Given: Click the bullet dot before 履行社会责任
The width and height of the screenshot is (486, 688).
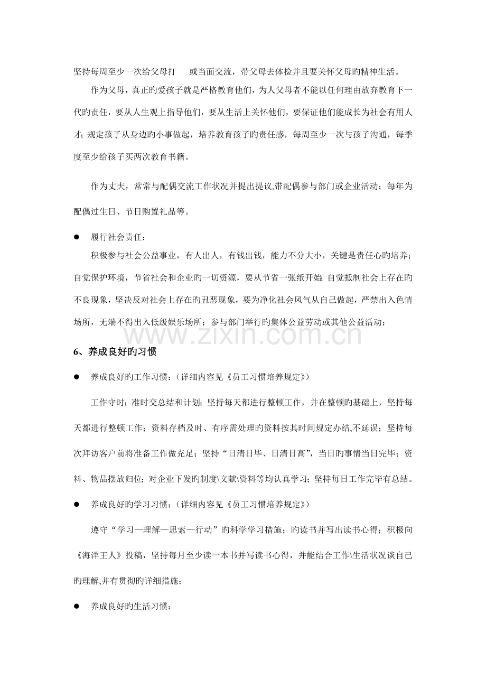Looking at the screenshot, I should click(77, 238).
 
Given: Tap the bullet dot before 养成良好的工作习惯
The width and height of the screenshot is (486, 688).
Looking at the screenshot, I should click(77, 377).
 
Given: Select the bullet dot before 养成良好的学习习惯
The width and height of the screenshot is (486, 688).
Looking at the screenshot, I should click(77, 505).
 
